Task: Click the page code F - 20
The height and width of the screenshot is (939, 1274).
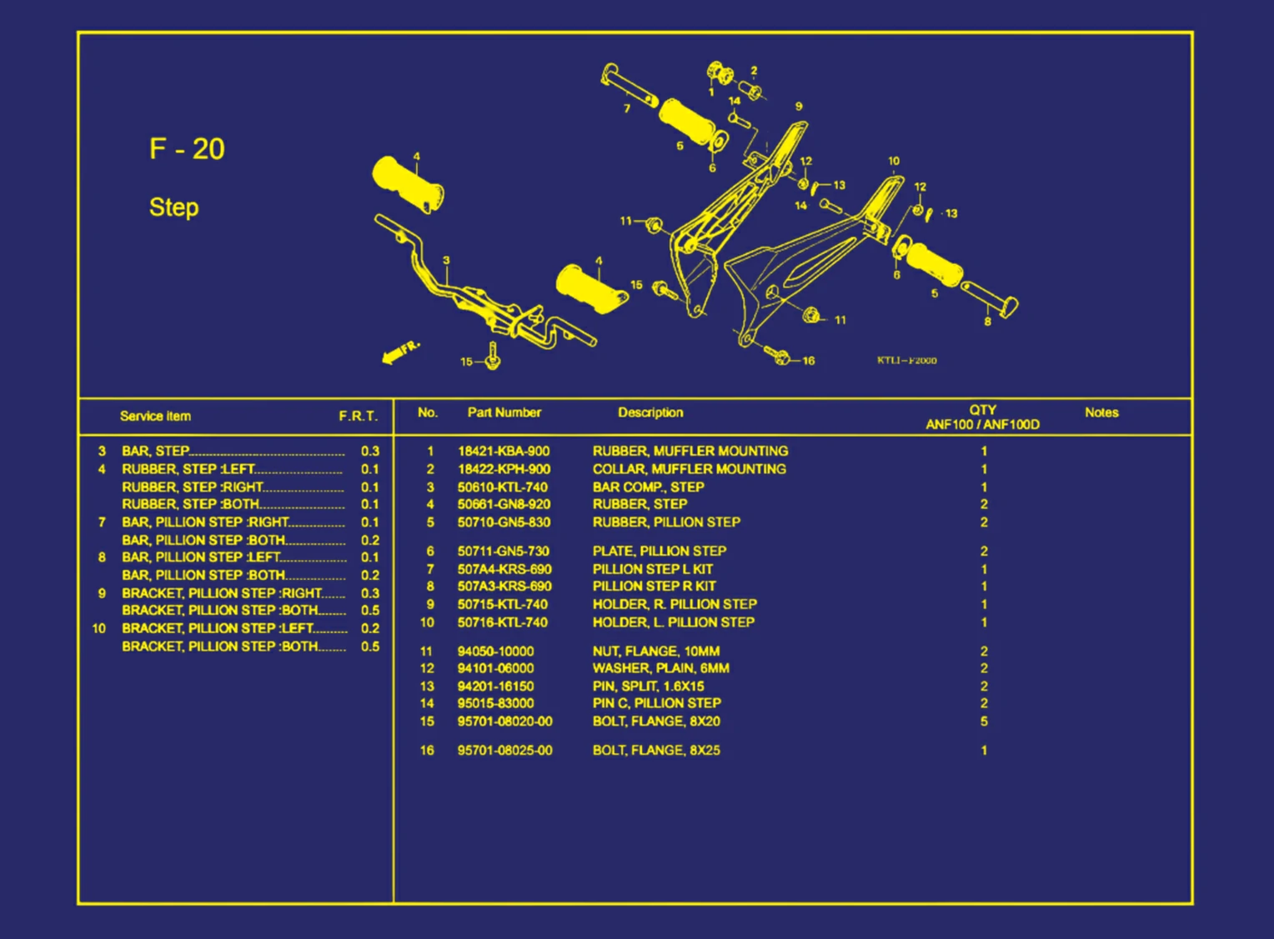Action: point(187,149)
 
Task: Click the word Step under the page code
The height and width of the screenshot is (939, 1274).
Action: point(174,207)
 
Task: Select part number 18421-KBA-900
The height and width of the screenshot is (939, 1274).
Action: point(504,452)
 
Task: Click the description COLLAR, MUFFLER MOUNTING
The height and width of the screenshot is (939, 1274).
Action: point(690,469)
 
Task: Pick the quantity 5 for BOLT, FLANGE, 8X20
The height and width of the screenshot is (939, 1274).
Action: point(984,722)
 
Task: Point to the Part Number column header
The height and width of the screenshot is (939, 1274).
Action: point(504,412)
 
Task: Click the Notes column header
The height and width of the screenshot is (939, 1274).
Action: point(1101,412)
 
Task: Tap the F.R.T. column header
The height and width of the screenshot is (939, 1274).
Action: point(359,416)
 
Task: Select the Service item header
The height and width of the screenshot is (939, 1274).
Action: point(155,416)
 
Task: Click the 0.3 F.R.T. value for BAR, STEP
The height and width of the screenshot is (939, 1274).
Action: point(370,452)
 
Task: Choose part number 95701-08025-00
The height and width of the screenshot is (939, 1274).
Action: point(505,751)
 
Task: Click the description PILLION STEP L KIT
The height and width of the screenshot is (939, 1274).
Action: point(652,569)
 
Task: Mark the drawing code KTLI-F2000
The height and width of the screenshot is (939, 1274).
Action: point(906,361)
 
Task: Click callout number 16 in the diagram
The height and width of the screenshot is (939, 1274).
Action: point(808,361)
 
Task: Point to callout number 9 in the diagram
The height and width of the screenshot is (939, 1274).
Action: point(799,107)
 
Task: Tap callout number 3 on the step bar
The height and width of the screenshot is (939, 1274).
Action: point(446,260)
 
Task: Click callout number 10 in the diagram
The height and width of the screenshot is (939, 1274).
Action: point(894,162)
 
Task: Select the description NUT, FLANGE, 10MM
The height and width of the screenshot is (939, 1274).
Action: point(656,652)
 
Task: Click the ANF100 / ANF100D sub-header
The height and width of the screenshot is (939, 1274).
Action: point(982,425)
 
